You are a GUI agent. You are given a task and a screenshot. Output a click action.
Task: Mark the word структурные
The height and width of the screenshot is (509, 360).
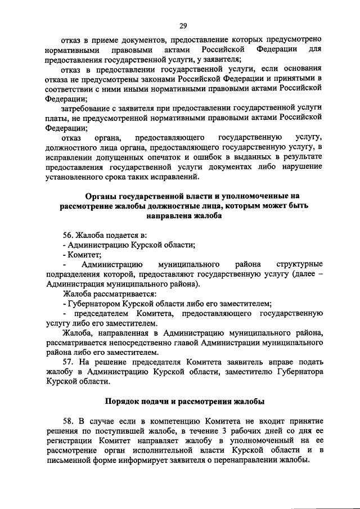pos(299,264)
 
